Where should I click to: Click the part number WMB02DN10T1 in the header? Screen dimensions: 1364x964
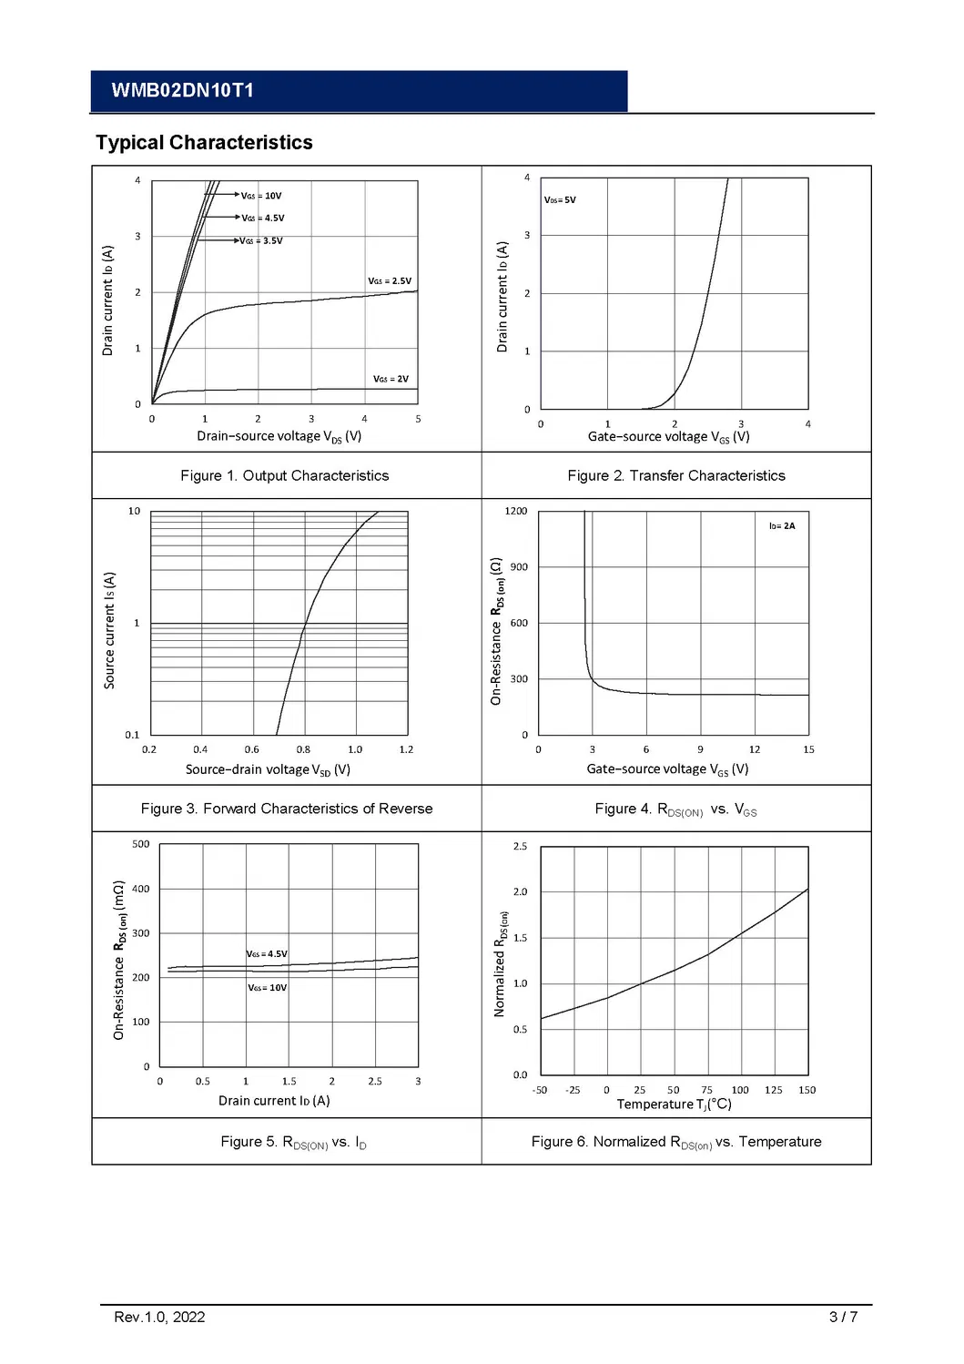click(182, 90)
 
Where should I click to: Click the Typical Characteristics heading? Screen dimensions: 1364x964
click(204, 143)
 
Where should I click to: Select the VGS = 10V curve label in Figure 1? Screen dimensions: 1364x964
click(261, 196)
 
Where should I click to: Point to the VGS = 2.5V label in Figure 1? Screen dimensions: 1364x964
click(390, 281)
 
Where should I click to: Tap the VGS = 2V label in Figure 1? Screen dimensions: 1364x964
click(391, 379)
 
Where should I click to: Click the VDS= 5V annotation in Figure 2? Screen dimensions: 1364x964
click(560, 200)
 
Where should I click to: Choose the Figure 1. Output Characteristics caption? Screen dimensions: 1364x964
click(284, 475)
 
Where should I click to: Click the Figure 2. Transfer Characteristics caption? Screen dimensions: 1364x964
click(675, 475)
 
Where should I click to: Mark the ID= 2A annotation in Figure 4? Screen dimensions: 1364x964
click(782, 526)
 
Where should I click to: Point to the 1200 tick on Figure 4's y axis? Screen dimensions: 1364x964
click(516, 511)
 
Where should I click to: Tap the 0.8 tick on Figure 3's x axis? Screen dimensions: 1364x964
click(303, 749)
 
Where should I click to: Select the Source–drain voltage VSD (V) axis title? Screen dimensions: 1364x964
click(268, 770)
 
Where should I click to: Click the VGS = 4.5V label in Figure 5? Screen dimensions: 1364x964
click(267, 954)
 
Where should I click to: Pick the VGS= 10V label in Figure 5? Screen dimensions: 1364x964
click(268, 988)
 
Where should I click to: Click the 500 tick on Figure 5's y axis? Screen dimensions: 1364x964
click(140, 844)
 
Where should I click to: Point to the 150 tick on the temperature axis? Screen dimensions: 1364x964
click(807, 1090)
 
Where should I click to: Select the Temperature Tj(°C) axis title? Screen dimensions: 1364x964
click(674, 1104)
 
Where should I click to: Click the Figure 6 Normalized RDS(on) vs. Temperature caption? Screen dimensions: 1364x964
click(675, 1142)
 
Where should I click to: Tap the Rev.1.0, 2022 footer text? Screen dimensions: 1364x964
click(159, 1317)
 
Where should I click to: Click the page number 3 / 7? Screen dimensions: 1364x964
click(843, 1317)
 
